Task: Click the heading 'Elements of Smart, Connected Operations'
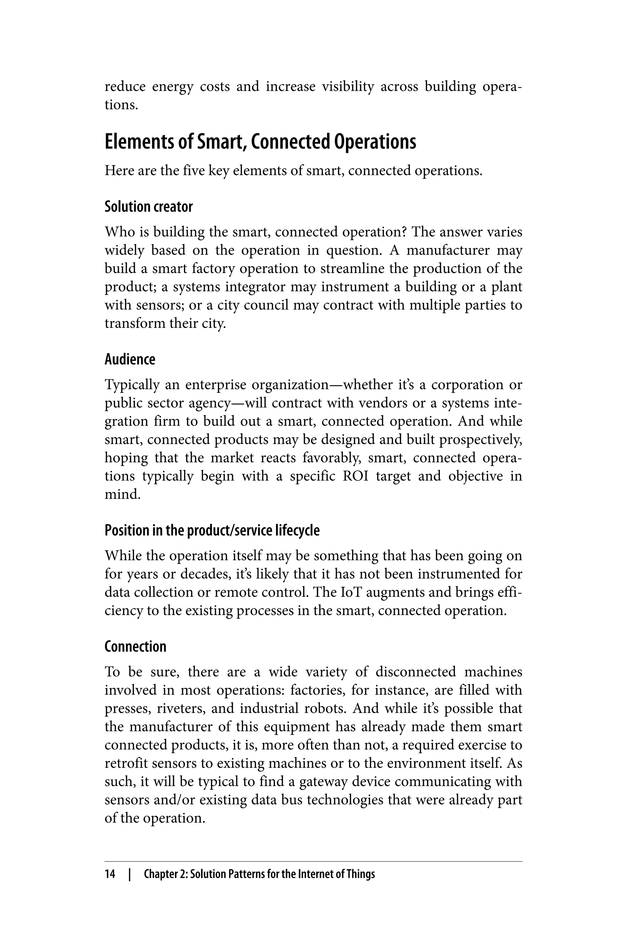pos(260,142)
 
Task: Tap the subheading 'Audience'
pos(130,359)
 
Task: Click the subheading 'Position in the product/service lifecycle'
pos(212,530)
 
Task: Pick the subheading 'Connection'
pos(135,647)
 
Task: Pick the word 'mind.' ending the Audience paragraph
pos(123,494)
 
